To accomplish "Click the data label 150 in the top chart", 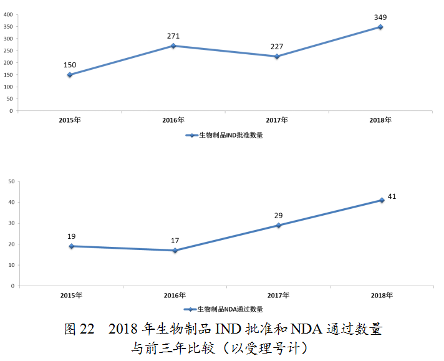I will [70, 65].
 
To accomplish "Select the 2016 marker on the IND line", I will [173, 46].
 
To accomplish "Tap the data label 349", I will [380, 17].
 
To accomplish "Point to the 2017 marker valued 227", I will [277, 56].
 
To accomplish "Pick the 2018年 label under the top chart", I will [380, 120].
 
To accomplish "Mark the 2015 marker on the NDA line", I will [71, 246].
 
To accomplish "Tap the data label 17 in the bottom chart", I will [174, 240].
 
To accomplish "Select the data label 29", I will [278, 215].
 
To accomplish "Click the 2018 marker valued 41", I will [381, 200].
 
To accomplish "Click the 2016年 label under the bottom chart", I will [174, 295].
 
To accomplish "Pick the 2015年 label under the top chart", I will [70, 120].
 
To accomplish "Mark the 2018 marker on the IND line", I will [380, 27].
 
